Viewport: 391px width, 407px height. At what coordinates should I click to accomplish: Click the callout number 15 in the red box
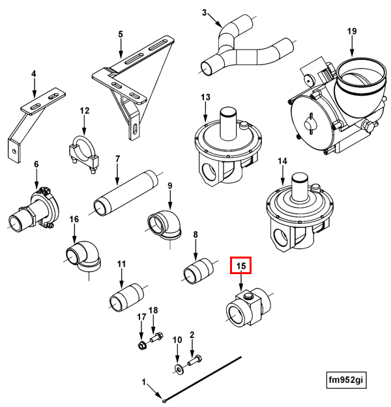(x=241, y=266)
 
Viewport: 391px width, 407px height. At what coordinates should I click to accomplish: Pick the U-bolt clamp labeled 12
(x=83, y=153)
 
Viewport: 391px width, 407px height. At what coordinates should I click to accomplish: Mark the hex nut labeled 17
(x=141, y=343)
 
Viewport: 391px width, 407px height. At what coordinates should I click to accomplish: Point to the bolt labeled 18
(x=156, y=338)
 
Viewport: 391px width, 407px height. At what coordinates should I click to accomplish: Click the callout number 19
(x=352, y=31)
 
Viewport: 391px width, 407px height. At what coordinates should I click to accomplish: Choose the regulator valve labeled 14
(x=297, y=208)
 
